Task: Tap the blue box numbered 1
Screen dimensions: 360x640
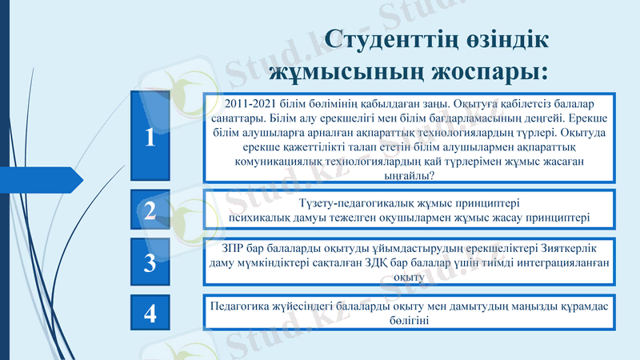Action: (x=150, y=137)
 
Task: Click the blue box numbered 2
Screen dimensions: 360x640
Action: (x=150, y=210)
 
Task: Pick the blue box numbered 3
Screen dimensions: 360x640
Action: (x=150, y=262)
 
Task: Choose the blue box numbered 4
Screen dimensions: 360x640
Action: (x=150, y=313)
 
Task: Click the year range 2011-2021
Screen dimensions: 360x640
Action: (x=250, y=104)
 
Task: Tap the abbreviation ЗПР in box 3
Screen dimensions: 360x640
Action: (x=222, y=247)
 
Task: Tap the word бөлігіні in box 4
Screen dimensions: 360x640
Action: (x=410, y=321)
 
